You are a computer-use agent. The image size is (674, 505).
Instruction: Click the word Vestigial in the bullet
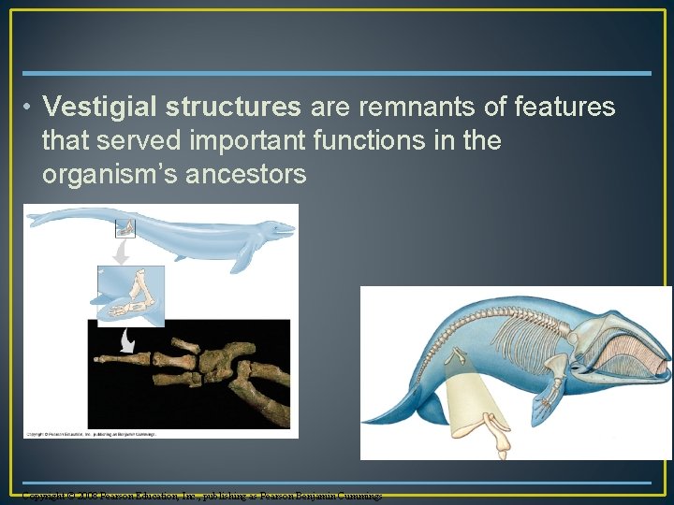(103, 108)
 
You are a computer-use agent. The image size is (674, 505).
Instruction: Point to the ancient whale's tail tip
(31, 222)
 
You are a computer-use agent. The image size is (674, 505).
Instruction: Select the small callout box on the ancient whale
(125, 227)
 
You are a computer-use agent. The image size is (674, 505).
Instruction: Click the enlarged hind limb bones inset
(130, 294)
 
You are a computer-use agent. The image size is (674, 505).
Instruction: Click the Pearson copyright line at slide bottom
(201, 495)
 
